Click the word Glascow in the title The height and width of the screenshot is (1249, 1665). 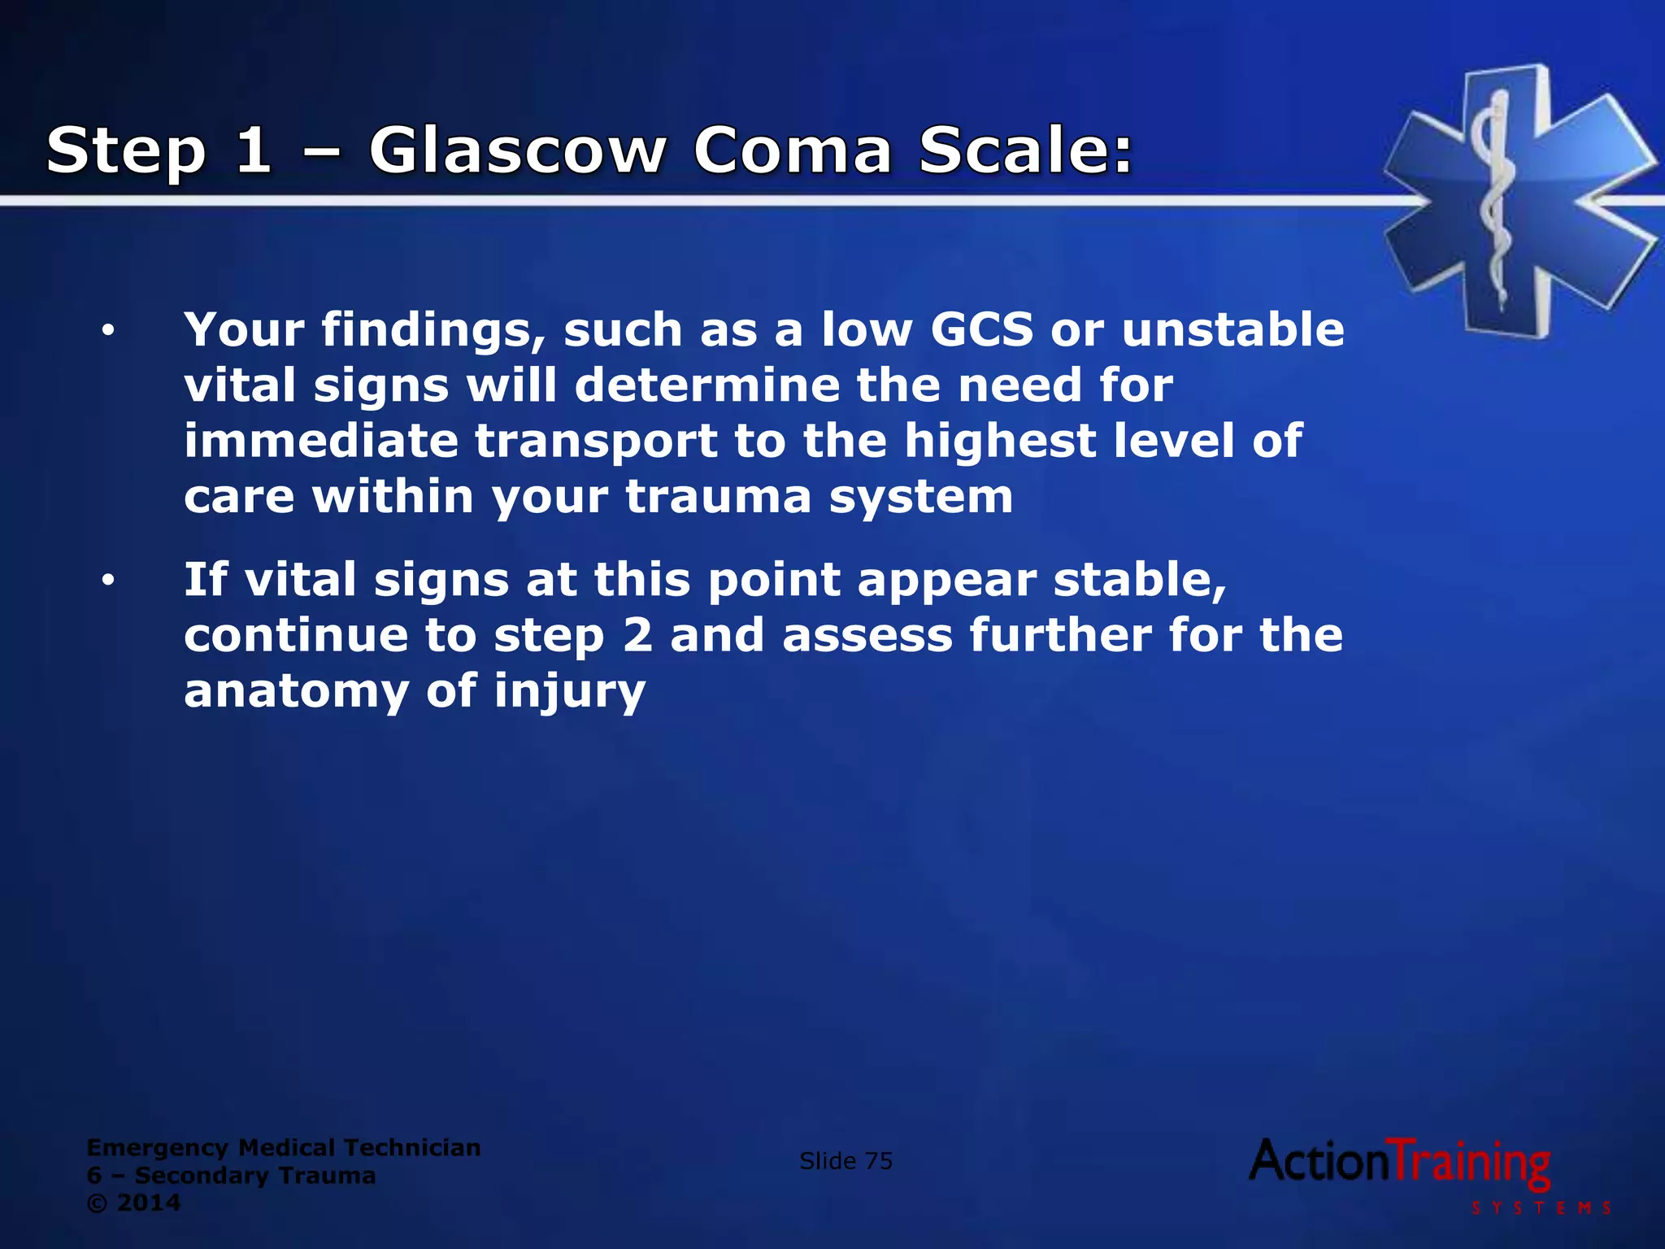tap(517, 151)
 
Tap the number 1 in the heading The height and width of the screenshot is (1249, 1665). tap(254, 151)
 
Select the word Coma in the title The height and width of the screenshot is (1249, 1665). tap(793, 151)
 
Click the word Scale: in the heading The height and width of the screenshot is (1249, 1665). tap(1026, 151)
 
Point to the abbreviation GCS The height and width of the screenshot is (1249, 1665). tap(981, 330)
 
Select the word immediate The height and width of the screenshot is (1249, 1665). tap(321, 441)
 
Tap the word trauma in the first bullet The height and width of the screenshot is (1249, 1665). tap(719, 497)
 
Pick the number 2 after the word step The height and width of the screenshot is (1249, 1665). tap(638, 635)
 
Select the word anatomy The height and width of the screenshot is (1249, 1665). tap(296, 692)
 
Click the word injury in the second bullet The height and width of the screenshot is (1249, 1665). tap(569, 692)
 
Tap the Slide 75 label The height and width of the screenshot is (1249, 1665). tap(846, 1161)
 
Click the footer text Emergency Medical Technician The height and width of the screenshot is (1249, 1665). tap(284, 1147)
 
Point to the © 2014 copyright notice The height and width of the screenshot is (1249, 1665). tap(133, 1203)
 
